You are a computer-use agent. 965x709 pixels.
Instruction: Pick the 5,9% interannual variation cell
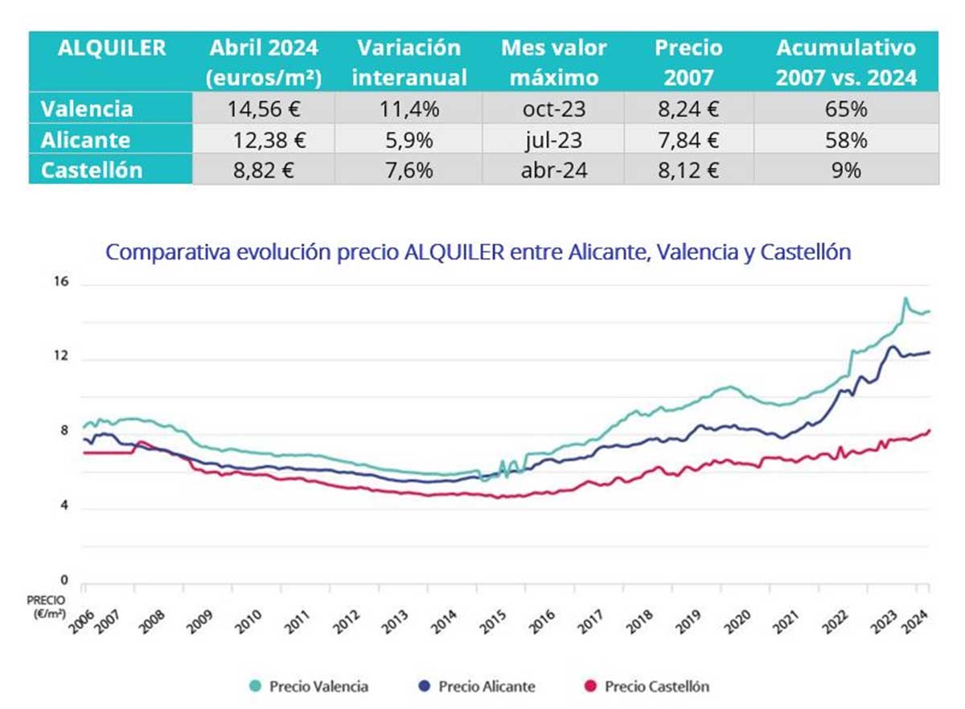pos(409,140)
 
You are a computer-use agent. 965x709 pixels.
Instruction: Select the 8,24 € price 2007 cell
pos(688,109)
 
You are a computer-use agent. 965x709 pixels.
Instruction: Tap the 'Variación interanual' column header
pos(409,62)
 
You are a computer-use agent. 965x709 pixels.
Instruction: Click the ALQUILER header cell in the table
pos(112,48)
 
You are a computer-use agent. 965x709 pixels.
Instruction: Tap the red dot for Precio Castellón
pos(591,686)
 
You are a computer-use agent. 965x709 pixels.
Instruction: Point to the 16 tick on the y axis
pos(64,283)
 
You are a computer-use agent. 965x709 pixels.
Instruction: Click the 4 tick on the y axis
pos(64,507)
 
